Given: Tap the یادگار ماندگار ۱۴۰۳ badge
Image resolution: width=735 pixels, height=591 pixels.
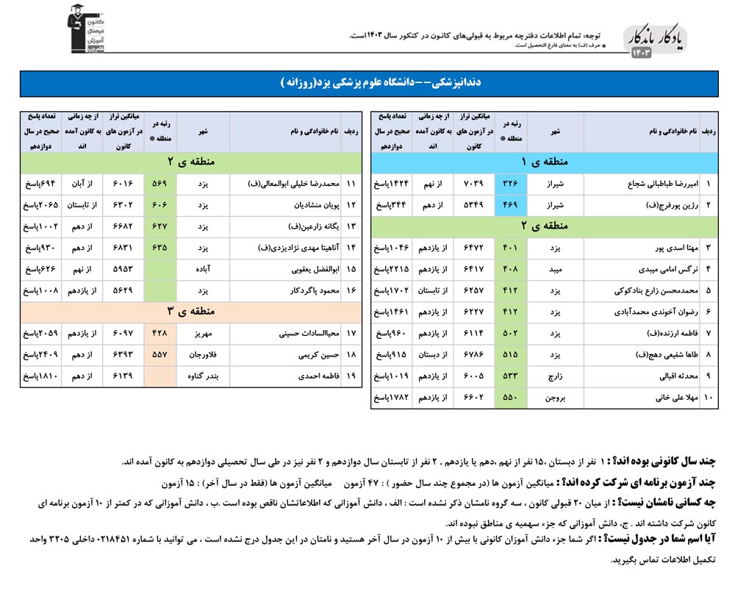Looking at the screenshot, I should (658, 40).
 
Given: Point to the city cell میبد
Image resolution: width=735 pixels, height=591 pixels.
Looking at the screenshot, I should (554, 269).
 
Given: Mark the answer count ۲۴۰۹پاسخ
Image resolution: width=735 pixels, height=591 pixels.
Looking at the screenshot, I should (41, 354).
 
